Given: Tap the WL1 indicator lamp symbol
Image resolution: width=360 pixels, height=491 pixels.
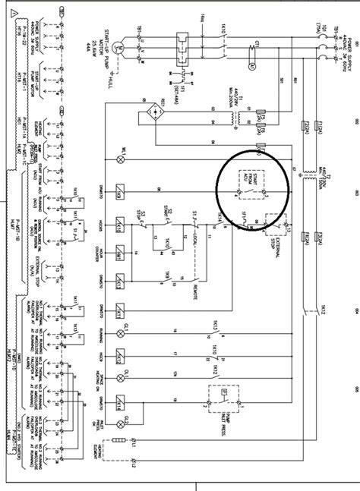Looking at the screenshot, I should (120, 160).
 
